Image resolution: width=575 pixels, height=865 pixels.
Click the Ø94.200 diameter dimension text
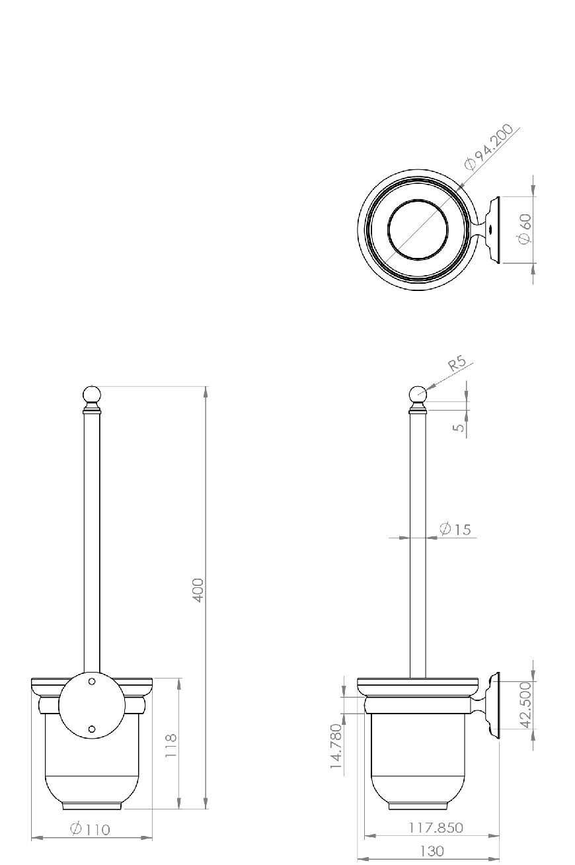coord(489,147)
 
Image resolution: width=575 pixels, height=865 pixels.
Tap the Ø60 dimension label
coord(525,229)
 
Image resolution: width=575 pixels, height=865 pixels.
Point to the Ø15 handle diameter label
coord(455,529)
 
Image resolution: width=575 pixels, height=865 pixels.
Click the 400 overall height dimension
coord(198,590)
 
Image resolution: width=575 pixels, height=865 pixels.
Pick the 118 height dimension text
coord(171,746)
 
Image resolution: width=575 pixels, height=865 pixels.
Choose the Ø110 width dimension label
coord(91,829)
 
